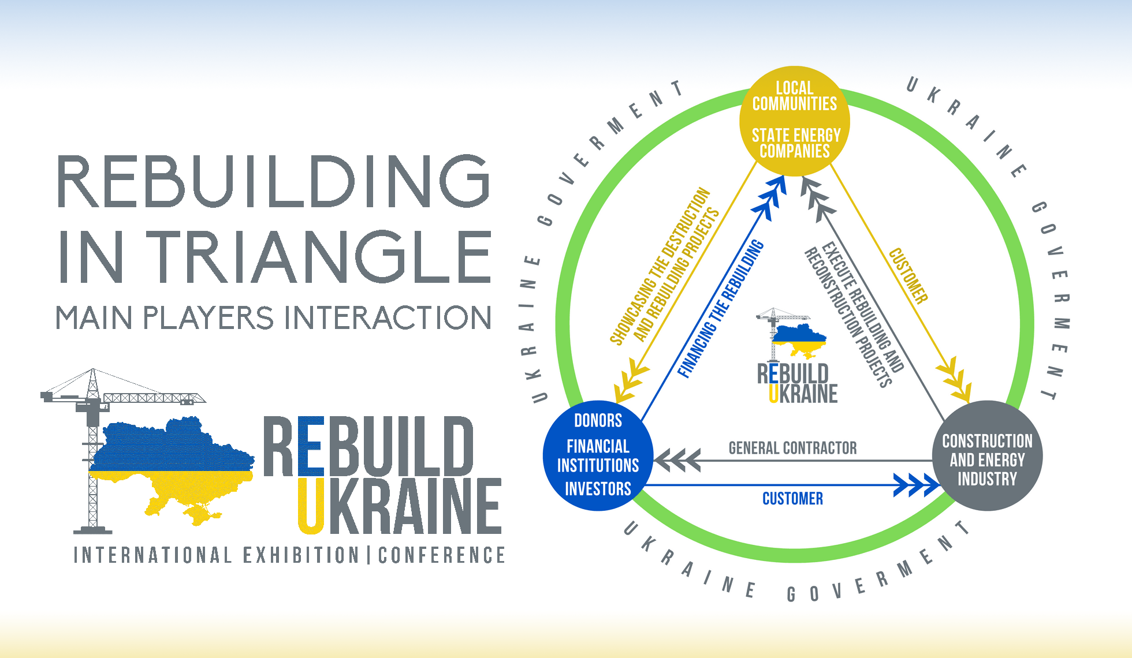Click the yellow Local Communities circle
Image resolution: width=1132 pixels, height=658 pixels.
[x=795, y=121]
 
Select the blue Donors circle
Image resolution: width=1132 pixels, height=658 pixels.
[x=598, y=455]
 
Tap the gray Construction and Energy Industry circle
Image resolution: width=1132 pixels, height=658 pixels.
[x=987, y=456]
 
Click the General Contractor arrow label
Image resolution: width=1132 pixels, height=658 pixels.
[x=792, y=448]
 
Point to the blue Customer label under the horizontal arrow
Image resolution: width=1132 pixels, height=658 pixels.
[x=792, y=499]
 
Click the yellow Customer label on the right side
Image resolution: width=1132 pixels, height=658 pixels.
[x=908, y=276]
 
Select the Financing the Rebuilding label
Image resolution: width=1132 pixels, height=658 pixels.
[x=720, y=309]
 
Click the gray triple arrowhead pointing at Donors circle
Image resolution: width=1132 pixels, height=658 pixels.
[x=677, y=461]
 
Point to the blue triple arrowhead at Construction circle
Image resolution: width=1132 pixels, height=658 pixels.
[x=916, y=485]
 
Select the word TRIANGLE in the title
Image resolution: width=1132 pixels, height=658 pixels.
[x=322, y=256]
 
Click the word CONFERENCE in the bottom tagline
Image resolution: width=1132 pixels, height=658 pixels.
[x=442, y=555]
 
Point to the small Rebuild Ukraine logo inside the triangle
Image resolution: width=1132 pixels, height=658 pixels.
[x=796, y=358]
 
